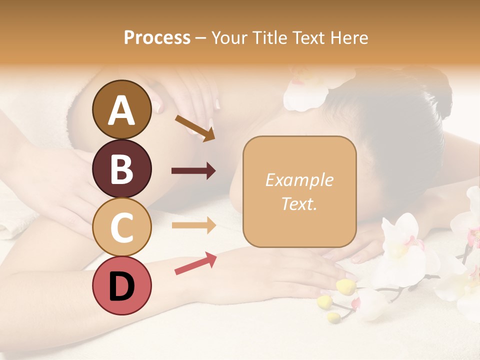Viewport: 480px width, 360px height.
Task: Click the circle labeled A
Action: (x=121, y=109)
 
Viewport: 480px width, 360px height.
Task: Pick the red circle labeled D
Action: (x=121, y=285)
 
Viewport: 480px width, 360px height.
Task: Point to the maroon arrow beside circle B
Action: (x=193, y=171)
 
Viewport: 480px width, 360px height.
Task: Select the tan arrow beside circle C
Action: (x=193, y=225)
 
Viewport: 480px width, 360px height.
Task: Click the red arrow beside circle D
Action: (x=195, y=263)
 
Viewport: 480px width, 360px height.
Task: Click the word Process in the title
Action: (x=157, y=38)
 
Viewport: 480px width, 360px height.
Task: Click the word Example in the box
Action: (x=299, y=180)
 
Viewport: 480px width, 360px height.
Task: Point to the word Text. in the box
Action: (x=299, y=204)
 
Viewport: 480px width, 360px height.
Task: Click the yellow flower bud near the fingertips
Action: (x=345, y=286)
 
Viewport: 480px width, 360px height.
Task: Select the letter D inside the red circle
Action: (x=121, y=286)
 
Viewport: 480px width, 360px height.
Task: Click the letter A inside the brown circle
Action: (x=121, y=110)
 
